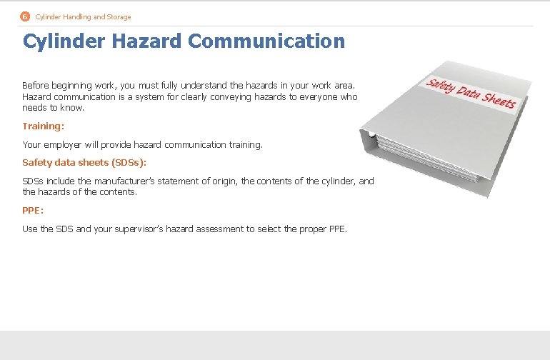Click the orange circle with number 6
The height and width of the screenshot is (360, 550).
pos(25,16)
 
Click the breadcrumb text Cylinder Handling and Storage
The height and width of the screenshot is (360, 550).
pos(83,16)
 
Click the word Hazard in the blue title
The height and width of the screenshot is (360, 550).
pos(148,41)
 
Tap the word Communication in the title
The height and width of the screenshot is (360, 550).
pos(266,41)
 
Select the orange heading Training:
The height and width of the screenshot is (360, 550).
pos(43,126)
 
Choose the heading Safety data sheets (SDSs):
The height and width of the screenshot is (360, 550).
pos(84,163)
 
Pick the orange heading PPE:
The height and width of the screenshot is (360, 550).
pos(33,211)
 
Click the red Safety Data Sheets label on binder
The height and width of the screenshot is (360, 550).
pos(471,94)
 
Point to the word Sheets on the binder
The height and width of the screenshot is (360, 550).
pos(498,101)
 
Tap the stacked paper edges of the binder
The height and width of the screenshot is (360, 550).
pos(429,161)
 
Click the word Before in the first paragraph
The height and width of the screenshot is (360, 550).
pos(36,85)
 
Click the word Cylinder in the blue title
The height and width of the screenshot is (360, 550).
pos(64,41)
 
